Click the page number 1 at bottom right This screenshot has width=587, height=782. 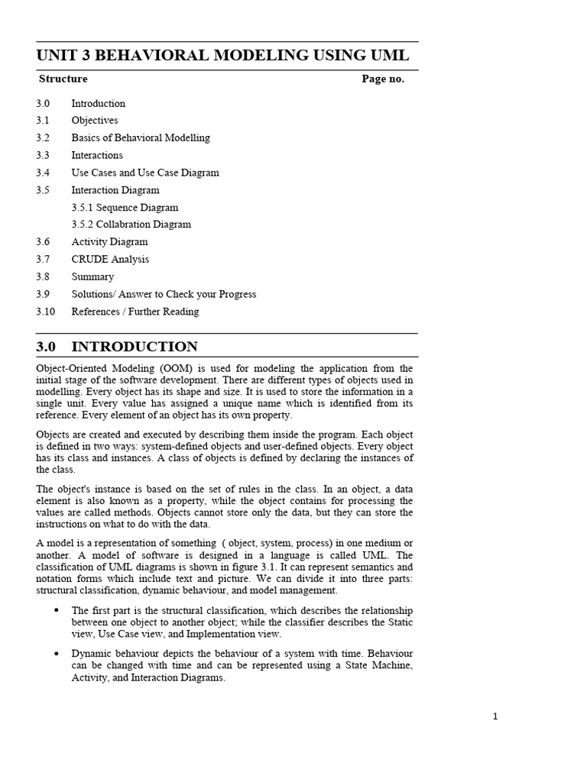tap(495, 716)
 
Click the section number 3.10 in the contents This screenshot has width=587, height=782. tap(45, 312)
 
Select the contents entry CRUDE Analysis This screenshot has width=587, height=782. tap(110, 260)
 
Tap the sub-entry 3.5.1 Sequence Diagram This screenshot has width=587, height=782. tap(125, 208)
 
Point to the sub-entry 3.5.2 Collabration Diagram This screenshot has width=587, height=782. tap(131, 225)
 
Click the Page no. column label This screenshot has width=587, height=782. tap(383, 79)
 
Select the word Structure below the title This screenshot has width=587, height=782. tap(63, 79)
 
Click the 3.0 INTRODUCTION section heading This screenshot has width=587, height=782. tap(117, 347)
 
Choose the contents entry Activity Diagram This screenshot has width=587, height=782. tap(109, 242)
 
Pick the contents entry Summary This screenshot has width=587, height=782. tap(92, 277)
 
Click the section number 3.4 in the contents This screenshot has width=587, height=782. tap(43, 173)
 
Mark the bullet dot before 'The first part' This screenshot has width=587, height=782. tap(57, 609)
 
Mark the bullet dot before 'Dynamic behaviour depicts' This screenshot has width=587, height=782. tap(57, 654)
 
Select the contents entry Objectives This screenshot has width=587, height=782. tap(95, 121)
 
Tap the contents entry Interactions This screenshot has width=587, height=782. tap(97, 155)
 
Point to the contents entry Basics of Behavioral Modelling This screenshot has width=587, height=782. tap(141, 138)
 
